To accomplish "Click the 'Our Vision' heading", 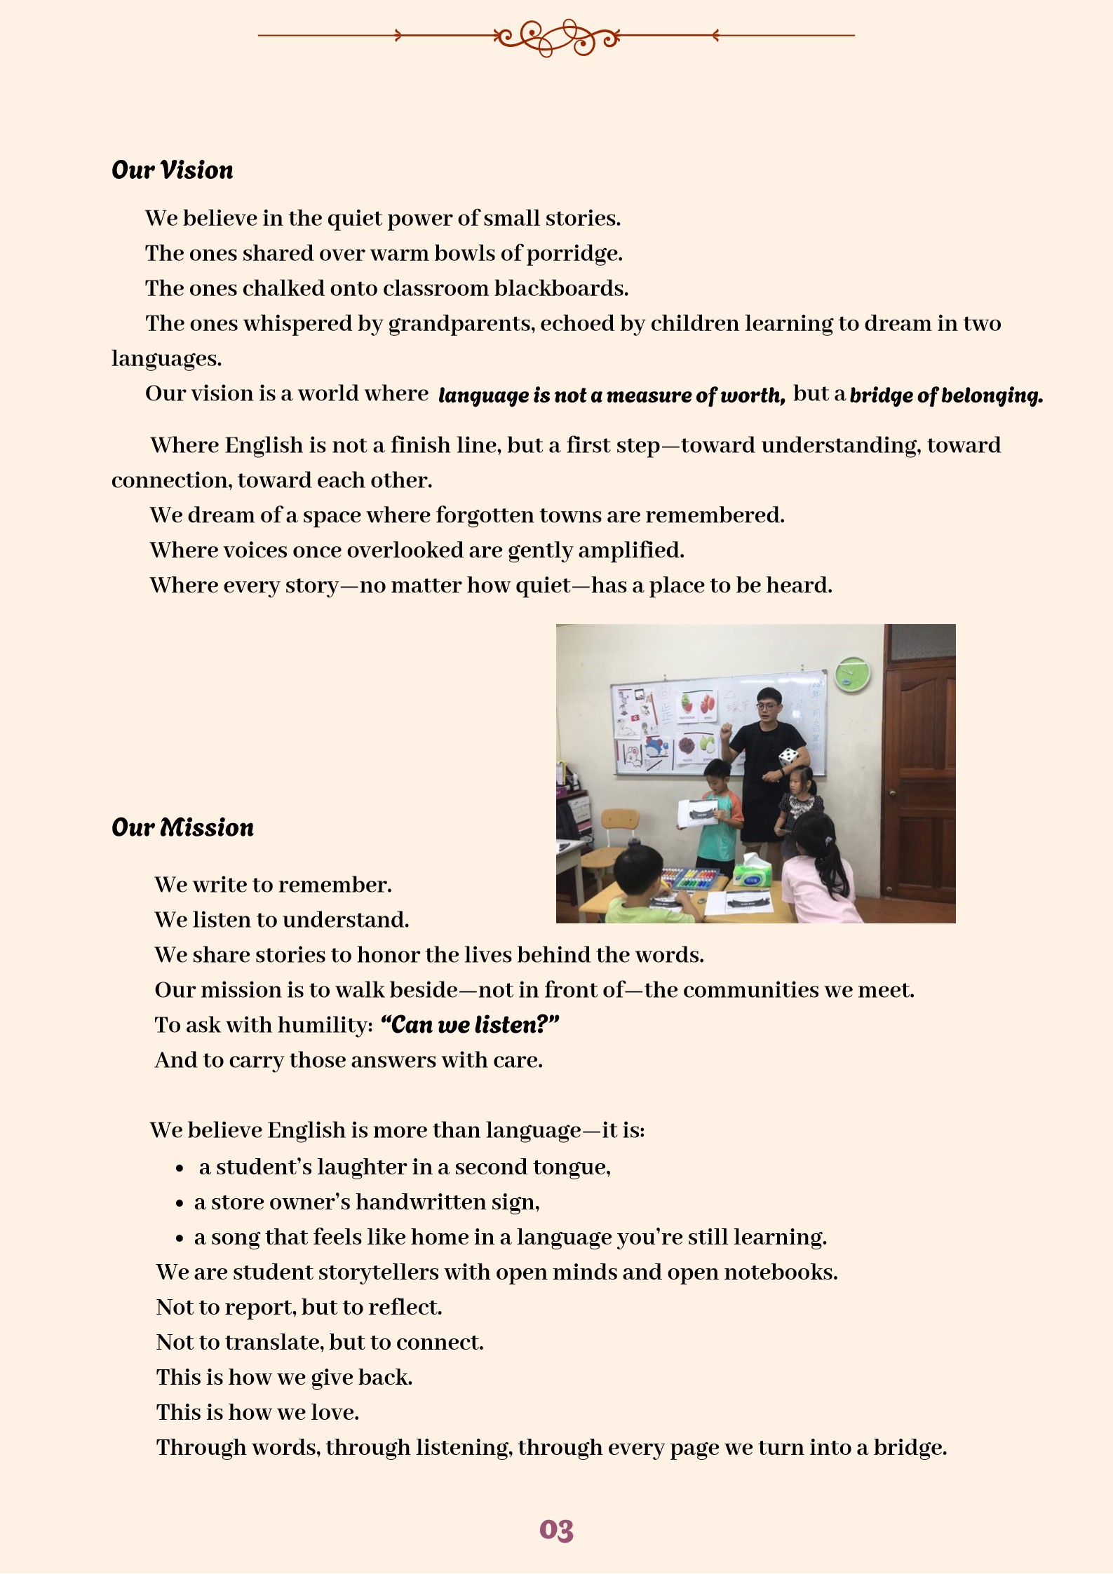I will pyautogui.click(x=172, y=170).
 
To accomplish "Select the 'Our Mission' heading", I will pyautogui.click(x=182, y=828).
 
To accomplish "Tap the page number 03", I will pyautogui.click(x=556, y=1530).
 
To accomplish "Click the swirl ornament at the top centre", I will pyautogui.click(x=556, y=36).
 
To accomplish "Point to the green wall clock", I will pyautogui.click(x=853, y=674).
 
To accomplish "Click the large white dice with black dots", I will pyautogui.click(x=789, y=757).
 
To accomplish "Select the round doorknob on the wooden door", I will pyautogui.click(x=892, y=793).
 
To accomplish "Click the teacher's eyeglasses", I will pyautogui.click(x=766, y=706).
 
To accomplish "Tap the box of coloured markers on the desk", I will pyautogui.click(x=689, y=878).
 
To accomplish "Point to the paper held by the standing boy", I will pyautogui.click(x=699, y=813).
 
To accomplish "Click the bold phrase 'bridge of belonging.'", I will pyautogui.click(x=946, y=395).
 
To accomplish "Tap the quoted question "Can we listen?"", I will pyautogui.click(x=469, y=1025).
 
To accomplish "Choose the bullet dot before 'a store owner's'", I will pyautogui.click(x=180, y=1203).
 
